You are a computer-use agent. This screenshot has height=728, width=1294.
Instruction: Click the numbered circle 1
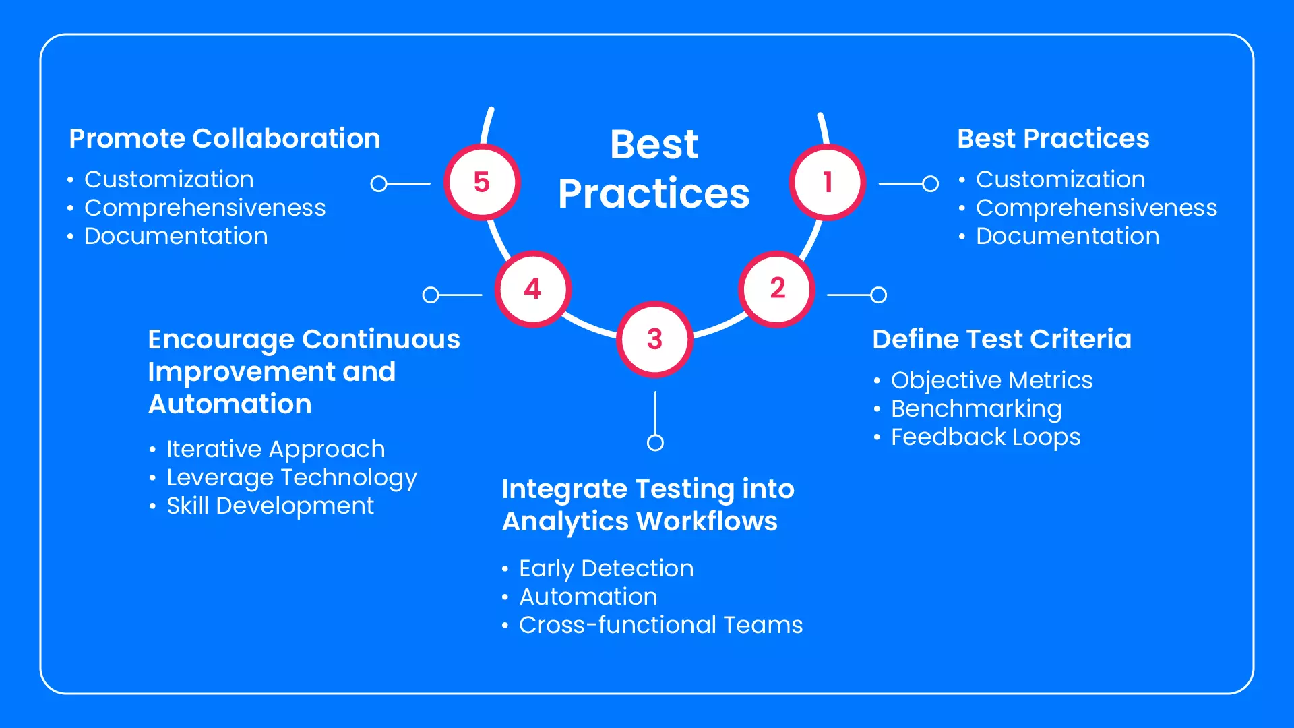828,182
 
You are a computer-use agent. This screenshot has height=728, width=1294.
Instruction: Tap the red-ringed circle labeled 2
777,289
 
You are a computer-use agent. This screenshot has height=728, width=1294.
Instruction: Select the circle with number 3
654,339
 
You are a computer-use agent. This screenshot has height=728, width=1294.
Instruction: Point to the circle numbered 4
533,289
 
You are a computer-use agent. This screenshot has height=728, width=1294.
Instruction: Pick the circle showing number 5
482,182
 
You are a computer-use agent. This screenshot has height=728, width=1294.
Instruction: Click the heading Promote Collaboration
224,138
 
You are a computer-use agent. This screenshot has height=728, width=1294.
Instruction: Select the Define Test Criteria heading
1002,339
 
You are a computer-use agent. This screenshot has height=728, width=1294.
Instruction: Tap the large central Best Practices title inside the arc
654,169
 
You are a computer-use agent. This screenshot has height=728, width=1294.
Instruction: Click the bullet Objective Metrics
991,380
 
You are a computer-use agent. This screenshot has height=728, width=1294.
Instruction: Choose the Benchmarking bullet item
976,408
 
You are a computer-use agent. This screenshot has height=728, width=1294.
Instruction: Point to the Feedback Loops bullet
985,437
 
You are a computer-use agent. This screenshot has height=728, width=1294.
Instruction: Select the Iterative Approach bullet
276,449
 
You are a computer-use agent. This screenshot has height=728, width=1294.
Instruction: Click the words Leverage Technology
292,477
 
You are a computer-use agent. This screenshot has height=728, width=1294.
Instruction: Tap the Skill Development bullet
270,506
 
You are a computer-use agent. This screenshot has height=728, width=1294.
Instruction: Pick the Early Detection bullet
607,568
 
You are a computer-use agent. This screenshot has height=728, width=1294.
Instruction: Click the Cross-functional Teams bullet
661,625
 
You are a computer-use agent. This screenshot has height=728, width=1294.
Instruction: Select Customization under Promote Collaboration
169,179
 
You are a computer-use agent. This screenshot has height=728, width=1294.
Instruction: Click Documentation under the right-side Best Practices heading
1068,236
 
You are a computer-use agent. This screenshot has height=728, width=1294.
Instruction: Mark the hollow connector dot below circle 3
655,442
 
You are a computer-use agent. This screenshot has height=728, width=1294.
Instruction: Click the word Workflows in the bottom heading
707,521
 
